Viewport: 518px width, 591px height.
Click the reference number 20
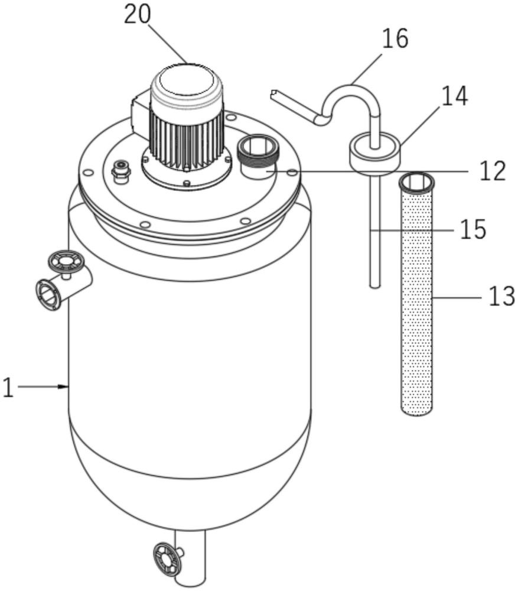(138, 15)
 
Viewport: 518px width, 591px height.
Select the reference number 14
(455, 96)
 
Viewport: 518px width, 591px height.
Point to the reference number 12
(493, 171)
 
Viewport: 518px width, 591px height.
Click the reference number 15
(473, 229)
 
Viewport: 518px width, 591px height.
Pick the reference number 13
(501, 296)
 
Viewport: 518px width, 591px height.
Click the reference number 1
(8, 388)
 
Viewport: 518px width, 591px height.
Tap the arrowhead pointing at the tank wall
(63, 387)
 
